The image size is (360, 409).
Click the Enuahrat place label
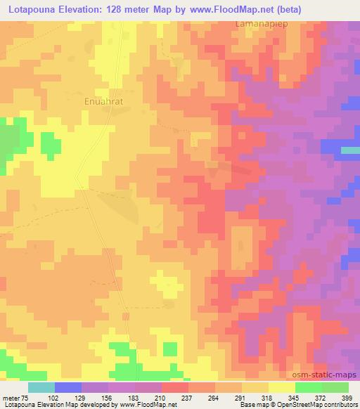104,101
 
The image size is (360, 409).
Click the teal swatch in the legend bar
41,387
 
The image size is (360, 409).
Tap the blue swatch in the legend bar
68,387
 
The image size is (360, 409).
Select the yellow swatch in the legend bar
282,387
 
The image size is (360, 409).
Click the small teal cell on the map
349,150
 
